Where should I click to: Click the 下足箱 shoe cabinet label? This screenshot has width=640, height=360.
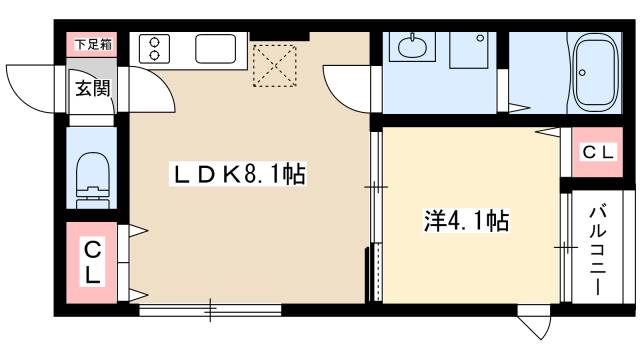(x=91, y=44)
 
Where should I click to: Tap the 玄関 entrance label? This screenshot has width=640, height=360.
(x=91, y=88)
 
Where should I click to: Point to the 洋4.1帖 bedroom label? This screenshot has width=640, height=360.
(x=466, y=221)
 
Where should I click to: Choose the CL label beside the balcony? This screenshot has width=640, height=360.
(x=599, y=153)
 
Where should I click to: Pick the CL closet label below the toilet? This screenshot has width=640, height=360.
(x=91, y=263)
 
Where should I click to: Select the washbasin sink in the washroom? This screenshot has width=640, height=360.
(x=411, y=48)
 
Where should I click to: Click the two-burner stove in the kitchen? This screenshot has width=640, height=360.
(x=157, y=48)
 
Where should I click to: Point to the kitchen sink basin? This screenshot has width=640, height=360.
(x=214, y=48)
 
